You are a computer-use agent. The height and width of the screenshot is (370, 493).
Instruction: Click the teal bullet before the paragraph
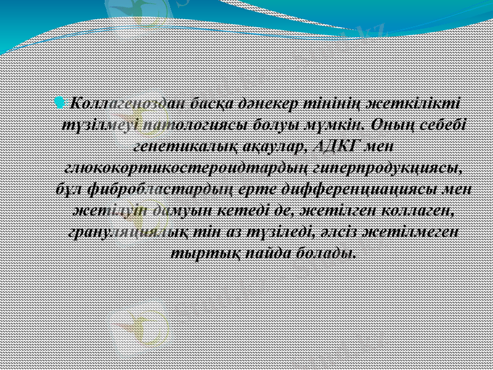pyautogui.click(x=60, y=101)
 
